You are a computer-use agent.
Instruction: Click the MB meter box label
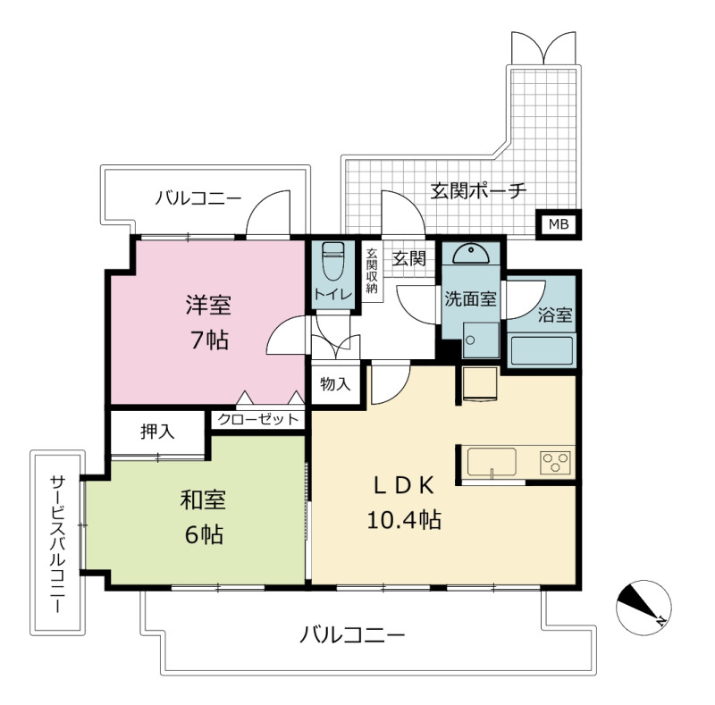(x=558, y=224)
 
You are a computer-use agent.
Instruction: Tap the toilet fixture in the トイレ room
(x=332, y=261)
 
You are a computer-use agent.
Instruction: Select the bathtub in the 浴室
(x=542, y=350)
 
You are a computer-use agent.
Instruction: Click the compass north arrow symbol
(x=643, y=608)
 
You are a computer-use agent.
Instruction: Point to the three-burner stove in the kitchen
(x=555, y=462)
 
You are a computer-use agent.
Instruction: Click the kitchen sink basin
(x=492, y=462)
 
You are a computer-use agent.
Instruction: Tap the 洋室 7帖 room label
(x=208, y=322)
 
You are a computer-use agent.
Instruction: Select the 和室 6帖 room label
(x=204, y=517)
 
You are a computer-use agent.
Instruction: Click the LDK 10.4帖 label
(x=404, y=502)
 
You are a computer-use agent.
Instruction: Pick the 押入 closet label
(x=157, y=431)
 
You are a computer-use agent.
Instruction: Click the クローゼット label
(x=257, y=419)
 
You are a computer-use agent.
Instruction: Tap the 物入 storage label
(x=336, y=384)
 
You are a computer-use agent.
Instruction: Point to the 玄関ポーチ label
(x=478, y=190)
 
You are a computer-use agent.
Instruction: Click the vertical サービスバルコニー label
(x=57, y=544)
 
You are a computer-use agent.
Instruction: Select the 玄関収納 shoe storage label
(x=372, y=271)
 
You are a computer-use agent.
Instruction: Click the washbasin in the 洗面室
(x=471, y=254)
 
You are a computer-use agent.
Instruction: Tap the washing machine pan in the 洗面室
(x=481, y=340)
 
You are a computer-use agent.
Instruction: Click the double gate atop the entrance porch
(x=543, y=48)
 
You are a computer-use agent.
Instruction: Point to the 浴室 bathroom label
(x=555, y=315)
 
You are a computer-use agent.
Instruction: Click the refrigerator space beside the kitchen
(x=480, y=383)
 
